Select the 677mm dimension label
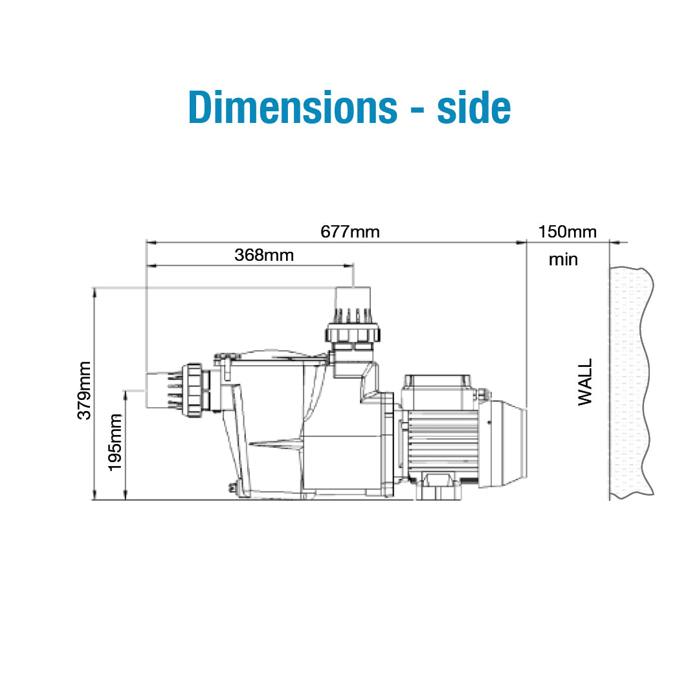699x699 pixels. (x=350, y=232)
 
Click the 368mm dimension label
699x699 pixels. (x=264, y=255)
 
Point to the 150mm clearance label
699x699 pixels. (x=567, y=232)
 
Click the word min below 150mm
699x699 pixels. (x=563, y=260)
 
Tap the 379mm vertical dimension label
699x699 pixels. (x=84, y=390)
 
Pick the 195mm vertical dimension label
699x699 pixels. (x=115, y=442)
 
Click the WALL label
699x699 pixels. (x=585, y=382)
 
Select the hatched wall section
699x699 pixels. (x=630, y=383)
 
